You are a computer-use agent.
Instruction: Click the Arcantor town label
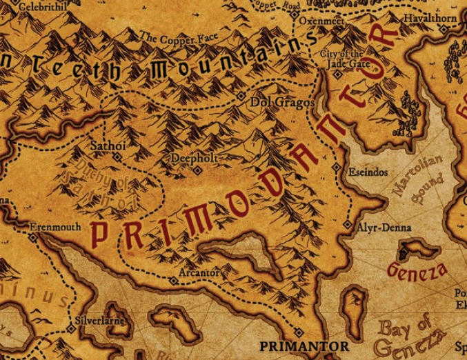click(x=199, y=272)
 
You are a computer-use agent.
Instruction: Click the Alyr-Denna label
click(x=384, y=227)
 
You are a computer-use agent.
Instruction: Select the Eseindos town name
click(x=369, y=172)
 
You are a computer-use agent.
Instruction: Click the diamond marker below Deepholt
click(x=197, y=170)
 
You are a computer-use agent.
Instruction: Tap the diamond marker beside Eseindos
click(x=336, y=168)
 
